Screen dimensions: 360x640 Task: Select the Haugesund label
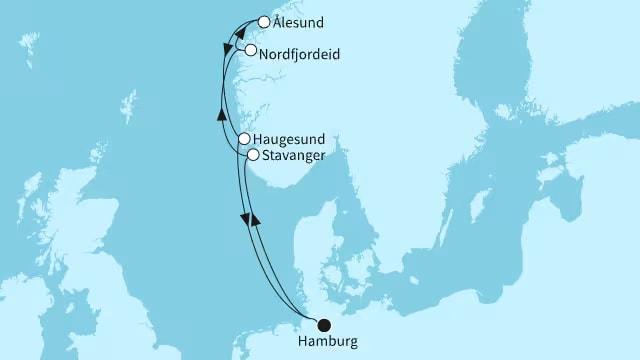291,140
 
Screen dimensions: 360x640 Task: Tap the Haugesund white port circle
243,140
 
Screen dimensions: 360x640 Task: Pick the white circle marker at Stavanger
254,155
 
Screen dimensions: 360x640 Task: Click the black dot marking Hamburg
323,324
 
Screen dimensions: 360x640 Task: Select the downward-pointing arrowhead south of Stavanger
243,218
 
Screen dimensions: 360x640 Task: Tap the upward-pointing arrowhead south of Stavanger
255,217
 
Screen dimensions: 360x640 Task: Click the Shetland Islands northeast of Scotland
127,105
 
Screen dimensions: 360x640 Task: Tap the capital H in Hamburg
302,343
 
